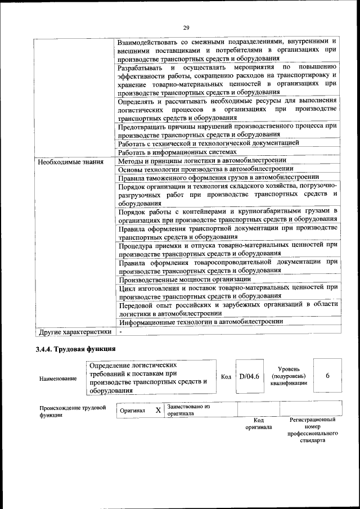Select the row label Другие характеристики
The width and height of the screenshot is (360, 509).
(x=71, y=332)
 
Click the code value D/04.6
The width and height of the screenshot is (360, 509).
(x=249, y=376)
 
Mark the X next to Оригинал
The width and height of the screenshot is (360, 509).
(x=158, y=411)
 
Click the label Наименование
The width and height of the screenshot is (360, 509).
(x=58, y=379)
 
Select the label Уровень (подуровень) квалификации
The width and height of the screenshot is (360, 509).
(x=289, y=375)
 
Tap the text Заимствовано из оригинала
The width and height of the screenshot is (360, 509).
(x=188, y=409)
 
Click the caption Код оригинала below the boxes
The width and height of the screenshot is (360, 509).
(x=258, y=424)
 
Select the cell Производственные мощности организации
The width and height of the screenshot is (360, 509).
(x=184, y=280)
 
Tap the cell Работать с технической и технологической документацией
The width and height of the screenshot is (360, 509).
(x=208, y=143)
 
